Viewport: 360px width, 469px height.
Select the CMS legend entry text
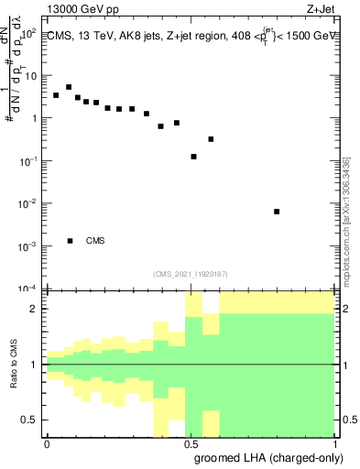pos(96,241)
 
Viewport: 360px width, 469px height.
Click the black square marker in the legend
pos(70,241)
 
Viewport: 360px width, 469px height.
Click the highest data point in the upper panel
pos(69,87)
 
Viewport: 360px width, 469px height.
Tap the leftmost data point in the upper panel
pos(56,95)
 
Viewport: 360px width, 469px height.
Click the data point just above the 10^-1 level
pos(193,157)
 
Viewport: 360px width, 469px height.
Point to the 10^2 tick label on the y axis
pos(27,32)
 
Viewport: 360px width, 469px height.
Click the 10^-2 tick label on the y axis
pos(27,203)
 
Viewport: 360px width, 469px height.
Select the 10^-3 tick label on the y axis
pos(27,246)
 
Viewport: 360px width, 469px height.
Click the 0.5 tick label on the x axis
pos(191,443)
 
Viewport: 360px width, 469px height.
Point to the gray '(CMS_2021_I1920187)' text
pos(191,274)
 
